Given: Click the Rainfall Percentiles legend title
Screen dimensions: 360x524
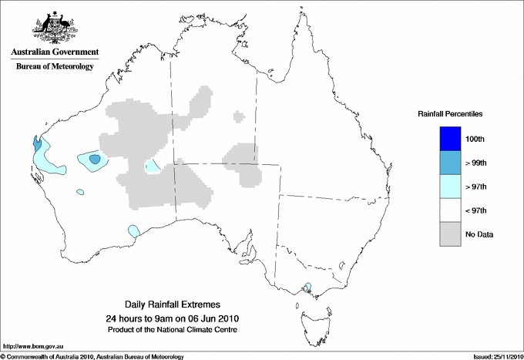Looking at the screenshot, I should tap(450, 113).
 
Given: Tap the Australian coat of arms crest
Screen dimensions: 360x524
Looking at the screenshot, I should tap(55, 25).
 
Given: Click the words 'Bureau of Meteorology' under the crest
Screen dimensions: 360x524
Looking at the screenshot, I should tap(55, 67).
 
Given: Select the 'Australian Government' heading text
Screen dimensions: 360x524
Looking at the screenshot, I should tap(55, 52).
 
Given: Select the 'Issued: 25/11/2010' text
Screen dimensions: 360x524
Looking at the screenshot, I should tap(492, 356).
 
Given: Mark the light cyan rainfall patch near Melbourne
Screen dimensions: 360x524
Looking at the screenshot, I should tap(308, 288).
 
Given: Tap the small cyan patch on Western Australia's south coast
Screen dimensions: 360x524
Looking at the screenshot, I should tap(133, 230).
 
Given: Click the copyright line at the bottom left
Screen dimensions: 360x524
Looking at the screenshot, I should tap(92, 356).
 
